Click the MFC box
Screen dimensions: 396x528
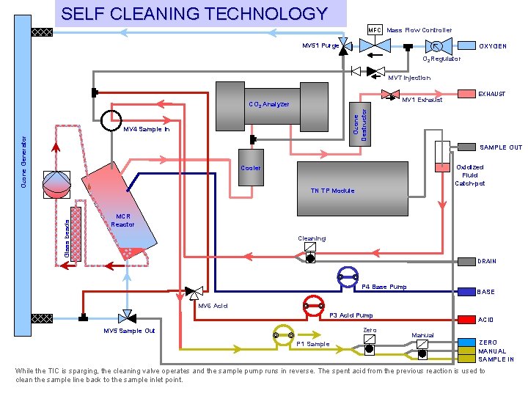click(x=375, y=30)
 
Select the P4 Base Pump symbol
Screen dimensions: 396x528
click(x=347, y=276)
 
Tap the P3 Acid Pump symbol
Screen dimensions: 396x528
click(x=314, y=305)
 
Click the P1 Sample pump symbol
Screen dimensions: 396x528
click(x=283, y=335)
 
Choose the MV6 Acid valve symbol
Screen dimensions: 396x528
click(x=194, y=292)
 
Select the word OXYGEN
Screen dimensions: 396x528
click(x=493, y=46)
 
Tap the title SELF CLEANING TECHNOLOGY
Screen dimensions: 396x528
click(x=194, y=13)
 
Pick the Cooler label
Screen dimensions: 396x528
click(x=250, y=168)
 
